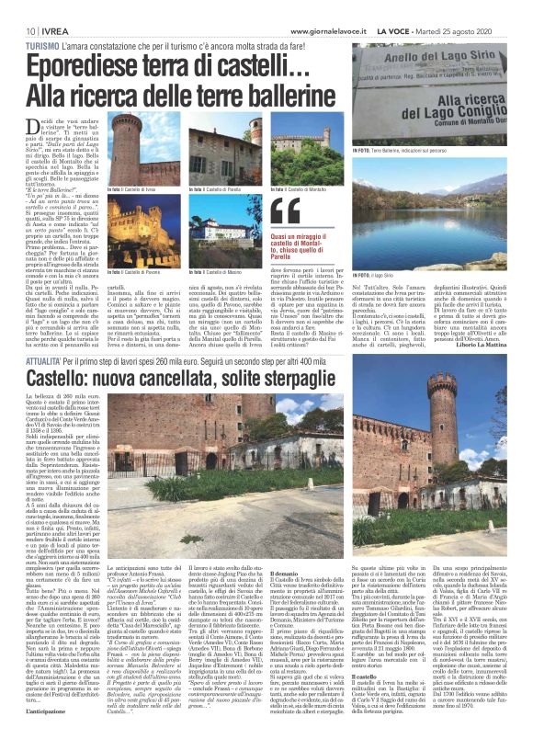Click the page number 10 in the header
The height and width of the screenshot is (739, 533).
pos(17,8)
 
